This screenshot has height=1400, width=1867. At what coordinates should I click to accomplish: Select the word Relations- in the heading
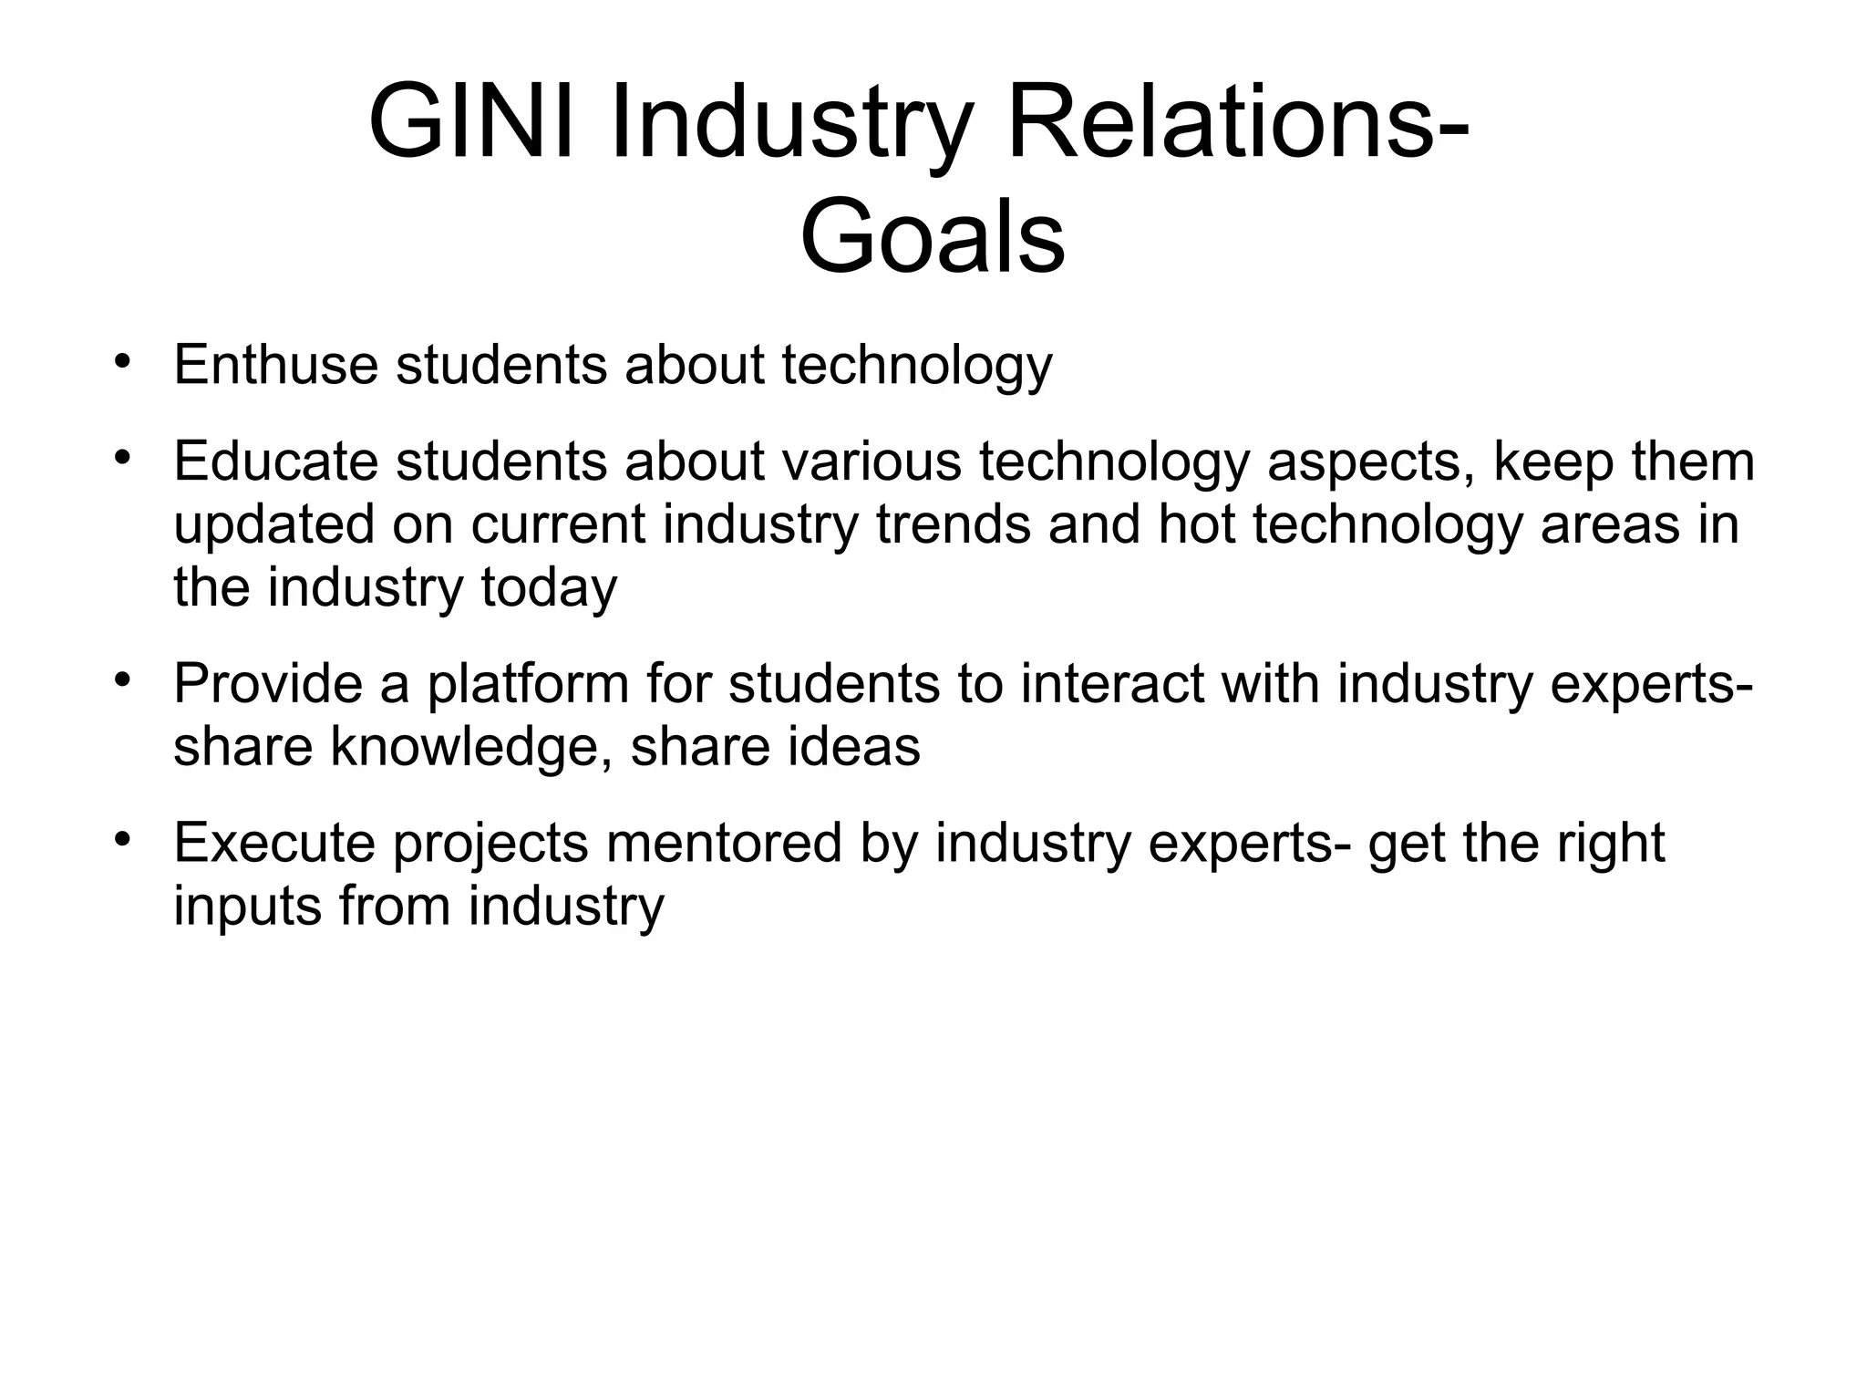tap(1237, 123)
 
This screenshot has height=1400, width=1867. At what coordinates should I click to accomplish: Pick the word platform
tap(529, 685)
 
